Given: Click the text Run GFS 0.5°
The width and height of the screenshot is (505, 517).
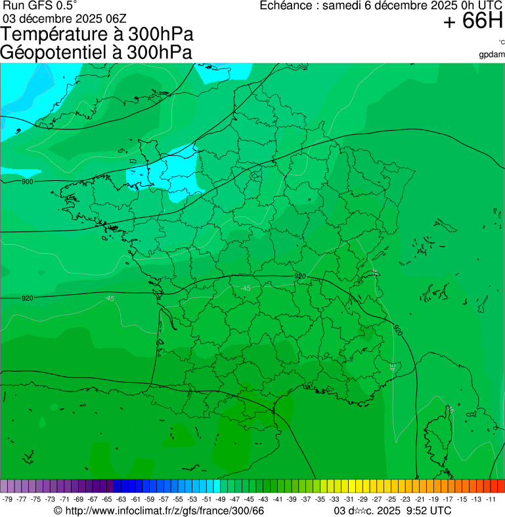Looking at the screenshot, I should coord(40,5).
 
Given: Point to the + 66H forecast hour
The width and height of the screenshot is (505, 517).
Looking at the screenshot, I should coord(472,22).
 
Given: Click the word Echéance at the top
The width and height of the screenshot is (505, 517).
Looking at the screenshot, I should coord(285,6).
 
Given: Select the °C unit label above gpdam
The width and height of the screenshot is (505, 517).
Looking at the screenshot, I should coord(501,43).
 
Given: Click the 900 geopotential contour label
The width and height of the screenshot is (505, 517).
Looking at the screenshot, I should coord(27,182).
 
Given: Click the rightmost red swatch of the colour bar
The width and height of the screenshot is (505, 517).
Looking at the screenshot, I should coord(500,486).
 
